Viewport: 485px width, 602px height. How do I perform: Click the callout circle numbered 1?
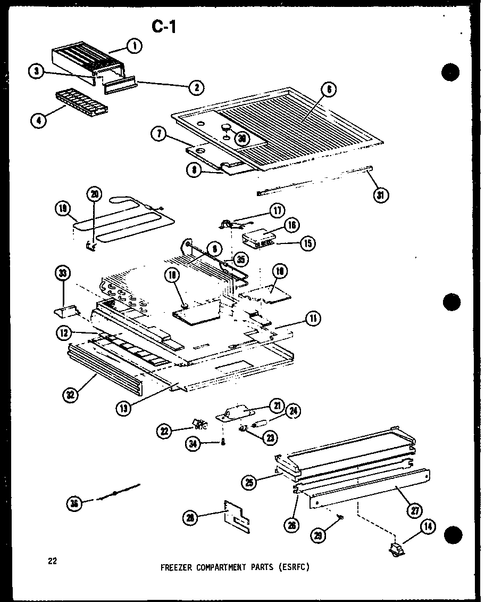coord(135,47)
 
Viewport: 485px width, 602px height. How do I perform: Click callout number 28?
coord(190,517)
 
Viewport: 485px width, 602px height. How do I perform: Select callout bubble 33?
coord(63,275)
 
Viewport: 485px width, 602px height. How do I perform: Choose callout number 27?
coord(415,509)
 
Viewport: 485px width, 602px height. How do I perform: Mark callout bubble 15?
coord(307,243)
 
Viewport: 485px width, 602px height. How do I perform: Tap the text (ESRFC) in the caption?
coord(293,567)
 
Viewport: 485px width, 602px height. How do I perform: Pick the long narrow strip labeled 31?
coord(314,181)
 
